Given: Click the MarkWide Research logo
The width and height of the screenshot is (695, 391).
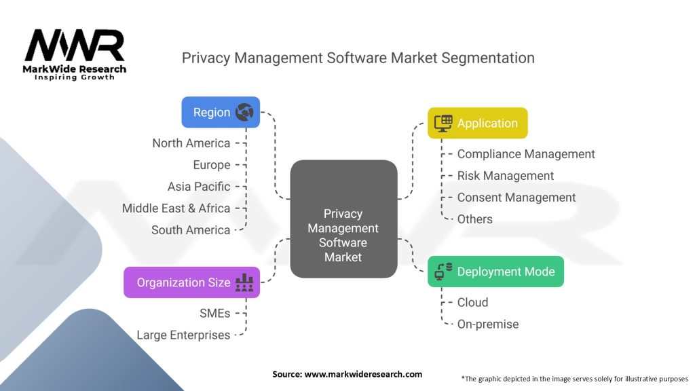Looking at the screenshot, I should coord(75,54).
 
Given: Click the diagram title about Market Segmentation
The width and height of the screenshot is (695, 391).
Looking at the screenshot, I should coord(358,58).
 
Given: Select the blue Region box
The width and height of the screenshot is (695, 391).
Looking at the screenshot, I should coord(221,112).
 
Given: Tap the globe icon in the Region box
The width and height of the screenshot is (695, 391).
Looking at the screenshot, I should coord(244,113).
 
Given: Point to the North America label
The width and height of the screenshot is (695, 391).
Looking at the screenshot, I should coord(191,143).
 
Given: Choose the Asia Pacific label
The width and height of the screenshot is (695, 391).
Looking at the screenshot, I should coord(199,186).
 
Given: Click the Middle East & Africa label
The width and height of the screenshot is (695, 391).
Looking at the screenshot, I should coord(176,208).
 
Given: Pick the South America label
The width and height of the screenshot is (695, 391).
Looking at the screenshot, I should coord(191,229).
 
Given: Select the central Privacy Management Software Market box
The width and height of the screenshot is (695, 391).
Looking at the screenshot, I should coord(343,219).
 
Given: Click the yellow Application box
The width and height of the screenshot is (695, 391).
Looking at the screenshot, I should coord(477,124).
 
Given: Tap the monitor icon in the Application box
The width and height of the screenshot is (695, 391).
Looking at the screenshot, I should coord(443,124).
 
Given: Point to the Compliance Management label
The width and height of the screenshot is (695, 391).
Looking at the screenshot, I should coord(526,154).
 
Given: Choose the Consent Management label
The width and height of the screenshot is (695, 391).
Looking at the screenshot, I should coord(516,198).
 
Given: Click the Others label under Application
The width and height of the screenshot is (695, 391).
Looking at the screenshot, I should coord(474,219).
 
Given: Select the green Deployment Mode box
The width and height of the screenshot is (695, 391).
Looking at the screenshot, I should coord(495,272).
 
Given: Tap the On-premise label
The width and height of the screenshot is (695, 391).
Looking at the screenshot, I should coord(487,324).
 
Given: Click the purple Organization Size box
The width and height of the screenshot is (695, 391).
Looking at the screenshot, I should coord(191,282).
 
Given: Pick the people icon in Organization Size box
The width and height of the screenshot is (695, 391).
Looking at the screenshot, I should coord(244,283).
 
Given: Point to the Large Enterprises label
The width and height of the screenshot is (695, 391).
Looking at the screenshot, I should coord(183,335).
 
